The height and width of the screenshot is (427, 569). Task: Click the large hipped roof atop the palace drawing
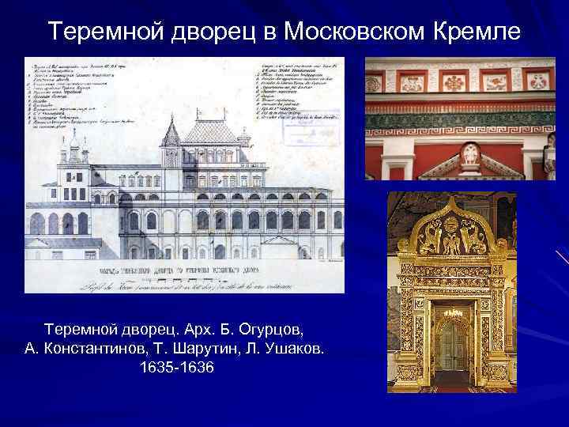pos(209,130)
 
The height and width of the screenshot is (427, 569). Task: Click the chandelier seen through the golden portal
pos(453,315)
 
